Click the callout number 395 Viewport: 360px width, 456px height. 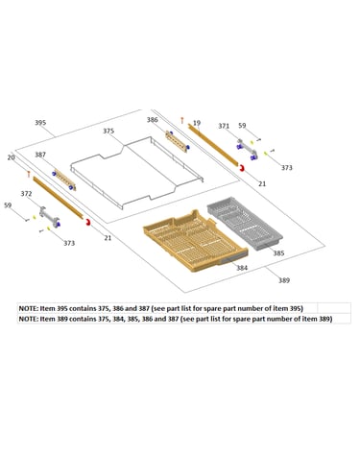(x=40, y=123)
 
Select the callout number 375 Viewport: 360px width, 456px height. (x=108, y=131)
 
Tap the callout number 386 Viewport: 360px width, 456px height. (x=153, y=120)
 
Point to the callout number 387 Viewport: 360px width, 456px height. (x=40, y=155)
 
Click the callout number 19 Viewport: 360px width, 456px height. (x=197, y=123)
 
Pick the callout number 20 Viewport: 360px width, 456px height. (x=12, y=157)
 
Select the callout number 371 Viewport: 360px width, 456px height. (x=224, y=126)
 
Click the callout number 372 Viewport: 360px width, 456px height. (x=26, y=194)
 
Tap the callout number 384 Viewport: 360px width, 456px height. (x=242, y=268)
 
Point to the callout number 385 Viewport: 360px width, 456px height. (x=278, y=253)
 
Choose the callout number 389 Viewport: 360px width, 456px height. (x=284, y=280)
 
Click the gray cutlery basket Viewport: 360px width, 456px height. (x=245, y=226)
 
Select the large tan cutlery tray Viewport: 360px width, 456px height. (x=195, y=241)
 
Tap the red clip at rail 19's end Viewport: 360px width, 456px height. (x=242, y=167)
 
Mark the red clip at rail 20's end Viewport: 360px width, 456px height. (x=87, y=222)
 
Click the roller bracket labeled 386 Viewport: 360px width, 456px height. (x=177, y=141)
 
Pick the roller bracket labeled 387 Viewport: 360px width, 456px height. (x=64, y=180)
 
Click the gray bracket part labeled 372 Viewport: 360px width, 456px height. (x=50, y=218)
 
